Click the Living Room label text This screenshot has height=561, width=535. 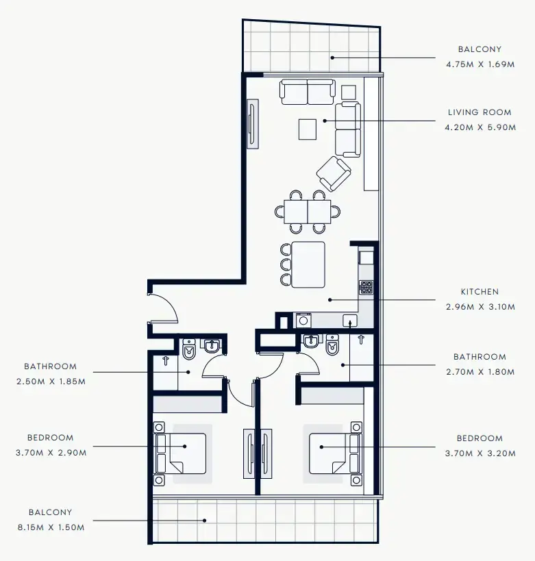pyautogui.click(x=480, y=112)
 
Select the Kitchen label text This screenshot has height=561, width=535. pyautogui.click(x=480, y=292)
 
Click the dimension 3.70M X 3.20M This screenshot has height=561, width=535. pyautogui.click(x=480, y=453)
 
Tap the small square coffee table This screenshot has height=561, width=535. pyautogui.click(x=308, y=129)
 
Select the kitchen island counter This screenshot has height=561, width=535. pyautogui.click(x=308, y=264)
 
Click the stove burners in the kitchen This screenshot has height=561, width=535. pyautogui.click(x=366, y=287)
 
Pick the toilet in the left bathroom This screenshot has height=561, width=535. pyautogui.click(x=190, y=350)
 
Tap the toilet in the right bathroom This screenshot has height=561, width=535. pyautogui.click(x=332, y=347)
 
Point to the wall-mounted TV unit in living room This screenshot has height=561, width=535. pyautogui.click(x=252, y=125)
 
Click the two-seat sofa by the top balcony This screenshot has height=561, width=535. pyautogui.click(x=307, y=92)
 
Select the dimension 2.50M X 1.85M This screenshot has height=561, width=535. pyautogui.click(x=51, y=382)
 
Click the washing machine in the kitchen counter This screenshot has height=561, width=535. pyautogui.click(x=303, y=320)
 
